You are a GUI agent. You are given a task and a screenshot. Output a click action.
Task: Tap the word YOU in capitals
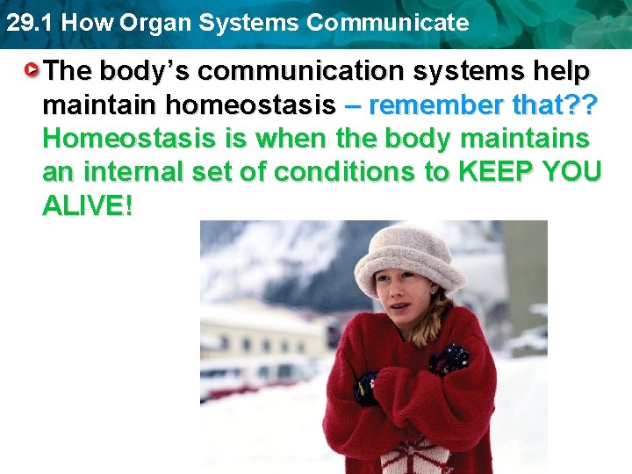(x=571, y=173)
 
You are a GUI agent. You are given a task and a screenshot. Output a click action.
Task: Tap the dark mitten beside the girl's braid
(x=450, y=357)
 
